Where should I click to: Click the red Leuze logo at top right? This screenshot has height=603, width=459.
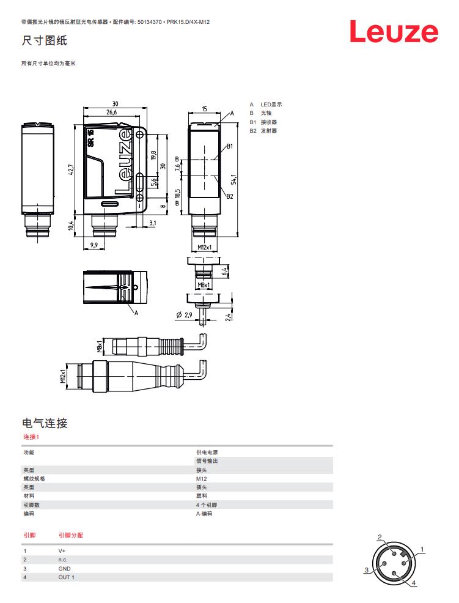tap(394, 32)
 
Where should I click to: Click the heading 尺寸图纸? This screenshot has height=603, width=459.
tap(44, 41)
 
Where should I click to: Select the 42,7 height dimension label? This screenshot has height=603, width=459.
tap(71, 170)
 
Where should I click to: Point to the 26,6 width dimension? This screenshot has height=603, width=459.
tap(111, 113)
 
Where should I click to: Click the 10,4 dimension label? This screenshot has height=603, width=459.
tap(71, 226)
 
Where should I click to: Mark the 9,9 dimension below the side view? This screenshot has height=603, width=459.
tap(94, 245)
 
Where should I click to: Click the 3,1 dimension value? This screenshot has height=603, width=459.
tap(153, 224)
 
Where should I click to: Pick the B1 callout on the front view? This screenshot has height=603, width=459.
tap(230, 146)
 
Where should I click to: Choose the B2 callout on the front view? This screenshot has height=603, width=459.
tap(230, 196)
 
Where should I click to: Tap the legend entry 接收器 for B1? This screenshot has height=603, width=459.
tap(269, 122)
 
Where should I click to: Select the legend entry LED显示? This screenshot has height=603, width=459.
tap(271, 105)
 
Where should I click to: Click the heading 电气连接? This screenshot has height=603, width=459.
tap(44, 423)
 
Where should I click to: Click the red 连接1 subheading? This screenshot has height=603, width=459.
tap(31, 437)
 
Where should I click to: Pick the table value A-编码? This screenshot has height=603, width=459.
tap(204, 514)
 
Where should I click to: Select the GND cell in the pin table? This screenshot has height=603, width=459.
tap(64, 568)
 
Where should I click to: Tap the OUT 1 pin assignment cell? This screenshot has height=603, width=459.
tap(66, 577)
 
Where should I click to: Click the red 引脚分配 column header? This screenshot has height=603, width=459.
tap(71, 535)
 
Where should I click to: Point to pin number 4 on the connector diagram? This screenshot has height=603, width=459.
tap(414, 583)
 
